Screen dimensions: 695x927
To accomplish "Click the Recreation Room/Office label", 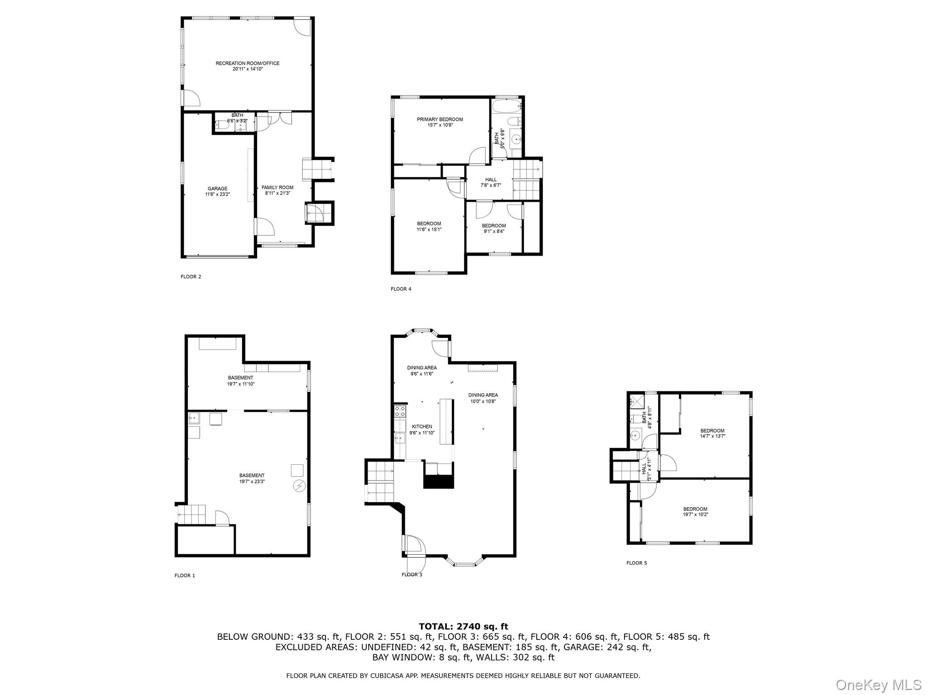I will click(x=247, y=63).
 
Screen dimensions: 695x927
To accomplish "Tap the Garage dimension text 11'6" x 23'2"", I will click(x=217, y=195).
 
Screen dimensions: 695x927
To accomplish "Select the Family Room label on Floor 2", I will click(x=277, y=187).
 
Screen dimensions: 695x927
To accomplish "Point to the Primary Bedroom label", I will click(x=440, y=119).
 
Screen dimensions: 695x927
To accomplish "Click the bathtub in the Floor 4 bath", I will click(x=507, y=107).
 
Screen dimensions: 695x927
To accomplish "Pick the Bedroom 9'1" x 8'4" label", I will click(x=494, y=226).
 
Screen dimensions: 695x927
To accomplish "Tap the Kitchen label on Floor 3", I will click(x=422, y=427).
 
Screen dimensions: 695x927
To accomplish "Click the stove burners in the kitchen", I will click(x=400, y=411).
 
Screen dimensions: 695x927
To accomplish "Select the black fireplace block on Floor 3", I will click(x=438, y=481).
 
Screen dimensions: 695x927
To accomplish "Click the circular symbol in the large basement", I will click(x=299, y=486).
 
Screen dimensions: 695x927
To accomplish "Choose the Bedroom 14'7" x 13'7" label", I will click(x=712, y=431).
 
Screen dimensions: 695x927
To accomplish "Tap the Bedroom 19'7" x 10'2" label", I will click(x=695, y=509).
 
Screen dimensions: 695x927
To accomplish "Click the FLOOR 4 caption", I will click(x=401, y=289).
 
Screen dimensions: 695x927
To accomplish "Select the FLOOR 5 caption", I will click(x=636, y=563).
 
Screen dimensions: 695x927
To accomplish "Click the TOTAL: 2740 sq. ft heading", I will click(x=463, y=626).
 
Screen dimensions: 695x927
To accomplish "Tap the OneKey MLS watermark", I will click(x=878, y=685).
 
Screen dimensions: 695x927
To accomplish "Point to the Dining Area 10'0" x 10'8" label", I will click(x=483, y=395).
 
